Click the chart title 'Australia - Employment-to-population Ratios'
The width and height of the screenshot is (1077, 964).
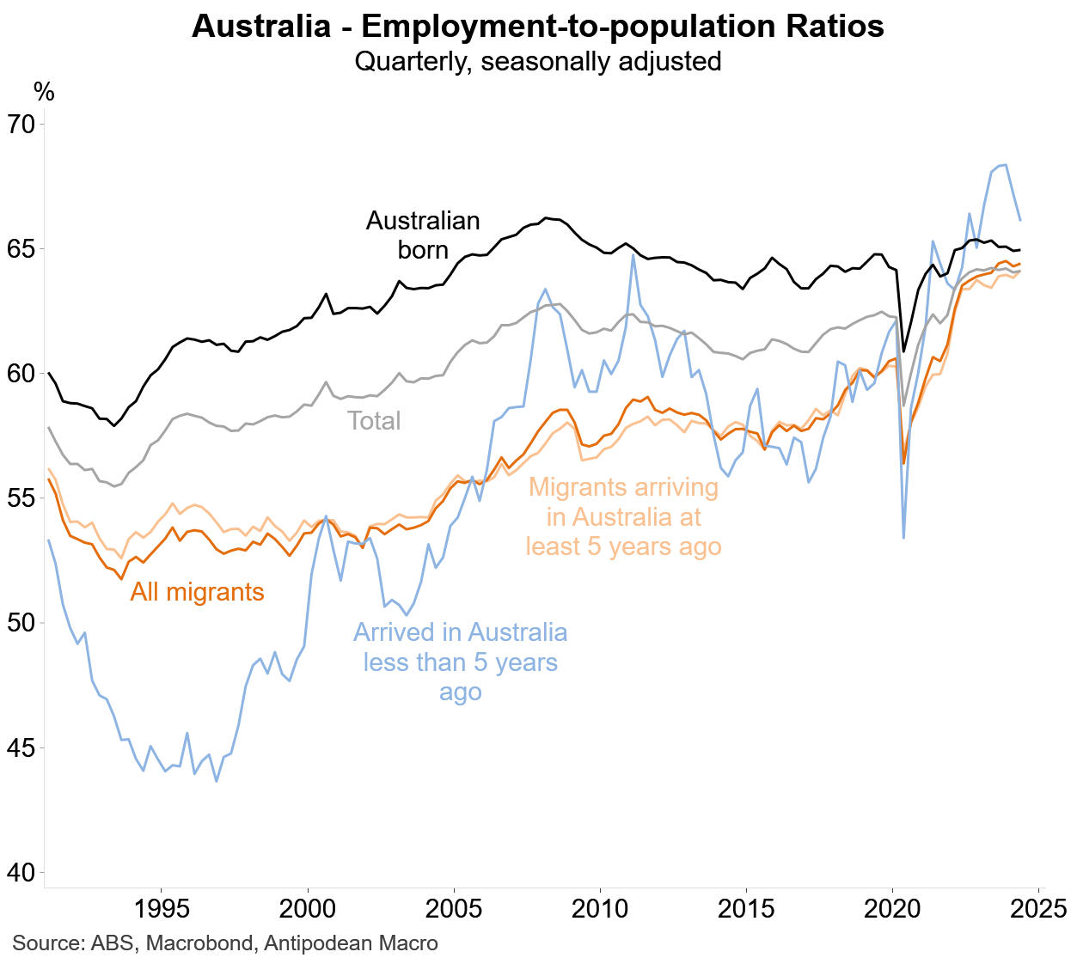[x=538, y=27]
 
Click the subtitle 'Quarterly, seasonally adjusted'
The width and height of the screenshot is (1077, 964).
[x=538, y=62]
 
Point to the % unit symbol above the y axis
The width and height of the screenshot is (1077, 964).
[x=44, y=92]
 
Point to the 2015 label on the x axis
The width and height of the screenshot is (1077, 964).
[x=746, y=908]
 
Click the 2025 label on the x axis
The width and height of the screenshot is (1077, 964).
[x=1037, y=908]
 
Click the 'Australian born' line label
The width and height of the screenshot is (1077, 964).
[x=423, y=235]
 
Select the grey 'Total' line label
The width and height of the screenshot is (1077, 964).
[x=374, y=421]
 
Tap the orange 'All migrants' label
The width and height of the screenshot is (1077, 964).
[x=197, y=592]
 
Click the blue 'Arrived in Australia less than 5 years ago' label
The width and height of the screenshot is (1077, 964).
[x=461, y=662]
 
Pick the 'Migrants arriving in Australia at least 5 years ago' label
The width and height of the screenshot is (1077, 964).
[x=623, y=516]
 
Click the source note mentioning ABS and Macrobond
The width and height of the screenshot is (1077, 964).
[x=225, y=943]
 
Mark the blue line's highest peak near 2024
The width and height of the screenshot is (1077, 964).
[x=1005, y=165]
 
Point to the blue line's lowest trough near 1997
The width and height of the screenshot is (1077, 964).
[x=216, y=781]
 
